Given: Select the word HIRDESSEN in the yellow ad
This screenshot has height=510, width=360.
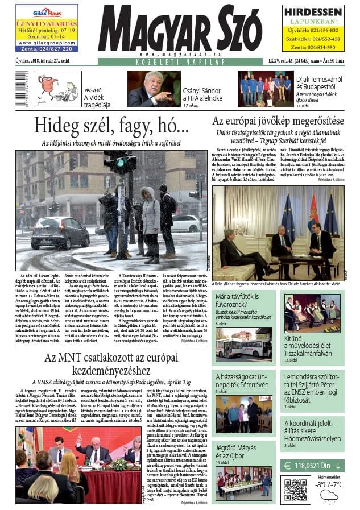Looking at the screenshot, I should tap(312, 11).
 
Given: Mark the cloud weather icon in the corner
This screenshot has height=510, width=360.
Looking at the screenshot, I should tap(328, 496).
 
